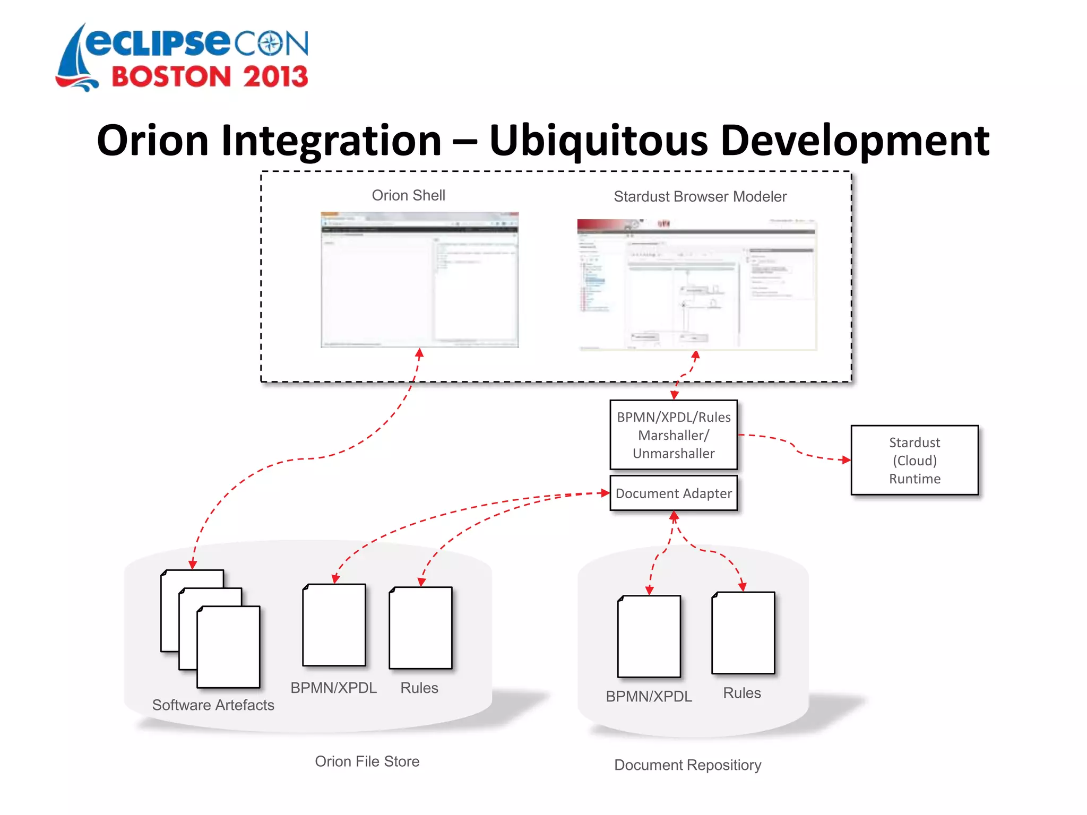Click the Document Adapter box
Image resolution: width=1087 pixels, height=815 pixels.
click(x=673, y=493)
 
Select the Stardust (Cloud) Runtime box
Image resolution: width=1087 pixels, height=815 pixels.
click(x=914, y=460)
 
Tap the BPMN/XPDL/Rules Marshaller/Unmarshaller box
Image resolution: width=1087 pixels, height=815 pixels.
click(x=673, y=435)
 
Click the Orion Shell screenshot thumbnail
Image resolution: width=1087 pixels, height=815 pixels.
click(x=419, y=280)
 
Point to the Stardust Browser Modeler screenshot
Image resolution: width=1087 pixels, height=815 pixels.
click(x=696, y=285)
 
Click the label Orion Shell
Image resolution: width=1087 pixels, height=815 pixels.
click(x=408, y=195)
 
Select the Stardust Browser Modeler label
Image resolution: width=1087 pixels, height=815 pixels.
click(x=700, y=197)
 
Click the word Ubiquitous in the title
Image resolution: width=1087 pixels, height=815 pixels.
click(x=598, y=141)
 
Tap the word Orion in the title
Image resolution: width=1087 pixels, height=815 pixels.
click(x=152, y=141)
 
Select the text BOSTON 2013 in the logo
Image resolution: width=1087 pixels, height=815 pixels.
click(x=210, y=77)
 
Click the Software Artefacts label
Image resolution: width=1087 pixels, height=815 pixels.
click(x=213, y=705)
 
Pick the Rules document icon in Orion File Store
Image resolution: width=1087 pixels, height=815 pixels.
click(x=420, y=628)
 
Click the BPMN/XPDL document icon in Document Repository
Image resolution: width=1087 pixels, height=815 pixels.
click(x=649, y=636)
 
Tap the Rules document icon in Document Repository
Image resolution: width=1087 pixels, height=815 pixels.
click(x=743, y=633)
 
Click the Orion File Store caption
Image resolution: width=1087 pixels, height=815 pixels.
click(x=367, y=761)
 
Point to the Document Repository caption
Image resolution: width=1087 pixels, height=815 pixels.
click(x=687, y=765)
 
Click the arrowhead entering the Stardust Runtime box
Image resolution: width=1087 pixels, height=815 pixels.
click(x=846, y=459)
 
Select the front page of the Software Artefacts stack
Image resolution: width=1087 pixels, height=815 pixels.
click(x=228, y=647)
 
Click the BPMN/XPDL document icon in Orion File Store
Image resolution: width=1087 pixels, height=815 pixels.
click(x=334, y=625)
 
